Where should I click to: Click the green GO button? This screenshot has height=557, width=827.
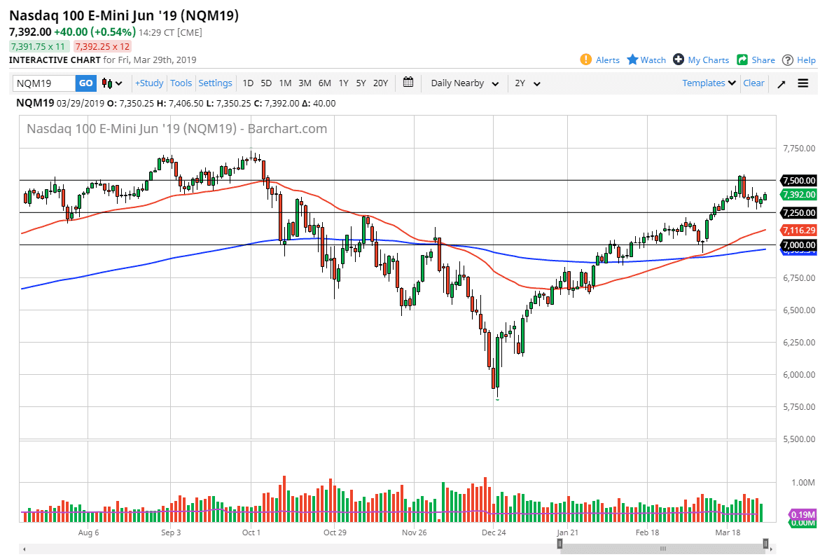pyautogui.click(x=85, y=83)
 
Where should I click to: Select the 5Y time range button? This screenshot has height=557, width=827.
pyautogui.click(x=361, y=83)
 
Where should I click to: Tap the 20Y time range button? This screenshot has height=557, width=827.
pyautogui.click(x=380, y=83)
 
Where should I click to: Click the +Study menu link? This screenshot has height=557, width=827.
pyautogui.click(x=149, y=83)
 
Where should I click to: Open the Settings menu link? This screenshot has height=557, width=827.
pyautogui.click(x=215, y=83)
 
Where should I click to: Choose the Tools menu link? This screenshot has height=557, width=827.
pyautogui.click(x=181, y=83)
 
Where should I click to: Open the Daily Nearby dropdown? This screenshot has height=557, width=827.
pyautogui.click(x=465, y=83)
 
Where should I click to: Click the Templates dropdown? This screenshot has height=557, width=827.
pyautogui.click(x=709, y=83)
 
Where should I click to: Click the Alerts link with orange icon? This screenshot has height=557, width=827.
pyautogui.click(x=600, y=60)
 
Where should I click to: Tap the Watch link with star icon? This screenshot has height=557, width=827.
pyautogui.click(x=646, y=60)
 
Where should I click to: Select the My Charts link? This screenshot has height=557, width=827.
pyautogui.click(x=701, y=60)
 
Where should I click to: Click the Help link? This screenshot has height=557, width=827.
pyautogui.click(x=799, y=60)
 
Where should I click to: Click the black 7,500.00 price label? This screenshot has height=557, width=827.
pyautogui.click(x=798, y=180)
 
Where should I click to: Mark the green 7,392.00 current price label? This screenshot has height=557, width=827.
pyautogui.click(x=798, y=195)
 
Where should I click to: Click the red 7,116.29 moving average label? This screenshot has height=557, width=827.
pyautogui.click(x=798, y=230)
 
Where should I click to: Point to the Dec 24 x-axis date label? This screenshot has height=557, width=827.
pyautogui.click(x=493, y=532)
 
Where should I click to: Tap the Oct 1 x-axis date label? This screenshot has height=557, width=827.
pyautogui.click(x=251, y=532)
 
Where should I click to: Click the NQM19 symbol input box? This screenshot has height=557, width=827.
pyautogui.click(x=44, y=83)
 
